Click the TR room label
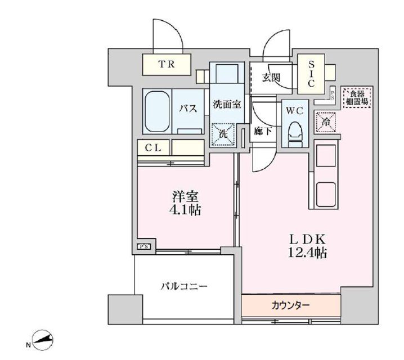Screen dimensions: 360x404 point(166,65)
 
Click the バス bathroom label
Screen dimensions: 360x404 point(188,109)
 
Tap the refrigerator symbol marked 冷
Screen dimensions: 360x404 point(325,121)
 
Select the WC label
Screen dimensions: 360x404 point(294,111)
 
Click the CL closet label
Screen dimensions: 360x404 point(154,148)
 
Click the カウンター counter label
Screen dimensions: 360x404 point(290,305)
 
